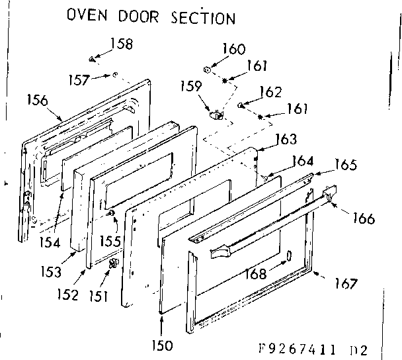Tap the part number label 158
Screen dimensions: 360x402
(120, 44)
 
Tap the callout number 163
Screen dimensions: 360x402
(285, 139)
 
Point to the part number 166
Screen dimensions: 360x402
(363, 218)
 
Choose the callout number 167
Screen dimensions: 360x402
(344, 283)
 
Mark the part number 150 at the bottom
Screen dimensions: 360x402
(162, 344)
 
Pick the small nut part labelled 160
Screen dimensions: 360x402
(207, 67)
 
